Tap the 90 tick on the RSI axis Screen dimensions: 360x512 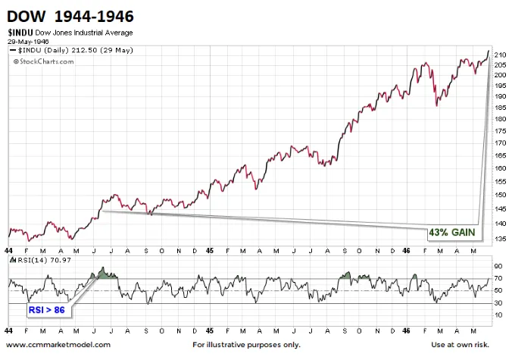498,266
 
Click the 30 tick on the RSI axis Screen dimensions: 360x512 498,303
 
